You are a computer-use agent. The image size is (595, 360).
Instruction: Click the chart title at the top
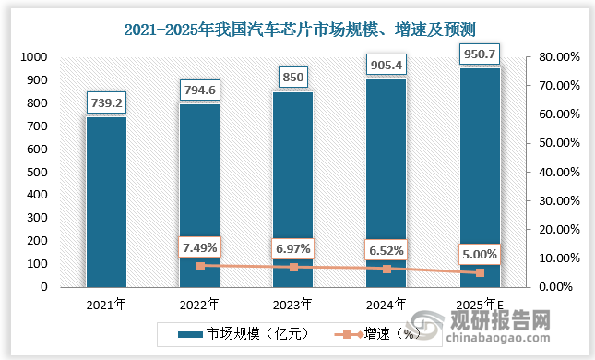click(298, 30)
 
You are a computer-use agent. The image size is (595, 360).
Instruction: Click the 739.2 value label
click(106, 102)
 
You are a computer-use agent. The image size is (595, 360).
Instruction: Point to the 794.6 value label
click(199, 90)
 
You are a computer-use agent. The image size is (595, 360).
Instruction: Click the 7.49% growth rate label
click(199, 246)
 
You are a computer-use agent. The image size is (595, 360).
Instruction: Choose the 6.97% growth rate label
click(292, 248)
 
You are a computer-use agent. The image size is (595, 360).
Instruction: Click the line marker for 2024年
click(386, 269)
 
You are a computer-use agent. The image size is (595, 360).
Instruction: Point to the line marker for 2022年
click(199, 266)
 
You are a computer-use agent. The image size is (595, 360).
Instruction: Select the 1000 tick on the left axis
click(32, 57)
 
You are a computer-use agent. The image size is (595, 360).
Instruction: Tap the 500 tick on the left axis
click(36, 173)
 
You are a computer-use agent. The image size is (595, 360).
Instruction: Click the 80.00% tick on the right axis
click(558, 57)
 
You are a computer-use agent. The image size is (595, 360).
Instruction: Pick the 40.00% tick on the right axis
click(558, 173)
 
